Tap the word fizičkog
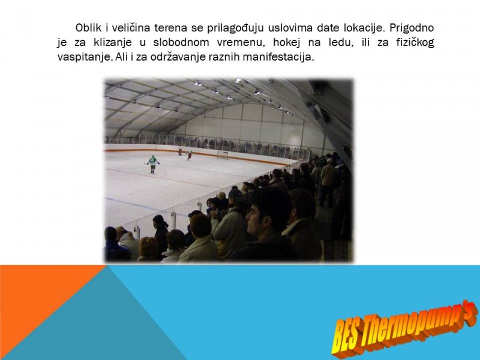tap(415, 43)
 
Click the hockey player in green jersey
tap(153, 164)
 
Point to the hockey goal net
tap(223, 155)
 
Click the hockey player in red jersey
tap(190, 155)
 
